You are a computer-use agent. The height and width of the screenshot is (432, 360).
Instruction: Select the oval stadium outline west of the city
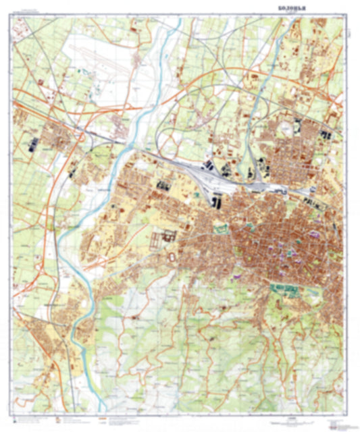click(171, 256)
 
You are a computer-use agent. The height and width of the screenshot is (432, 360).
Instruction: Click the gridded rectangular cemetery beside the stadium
click(166, 238)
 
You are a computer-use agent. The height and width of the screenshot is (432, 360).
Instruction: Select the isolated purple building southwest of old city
click(236, 275)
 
